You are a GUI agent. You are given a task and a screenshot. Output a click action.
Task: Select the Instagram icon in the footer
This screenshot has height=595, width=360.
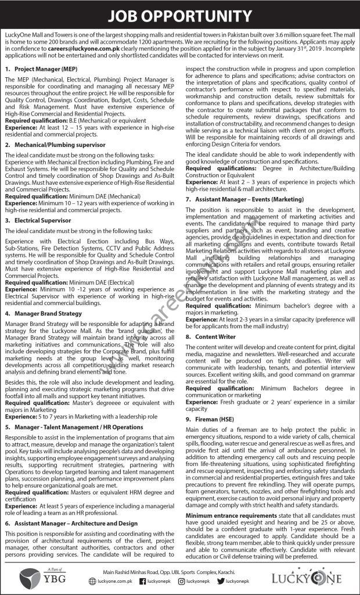(181, 580)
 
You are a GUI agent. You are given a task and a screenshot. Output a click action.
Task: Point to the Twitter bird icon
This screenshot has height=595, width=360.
(220, 580)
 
